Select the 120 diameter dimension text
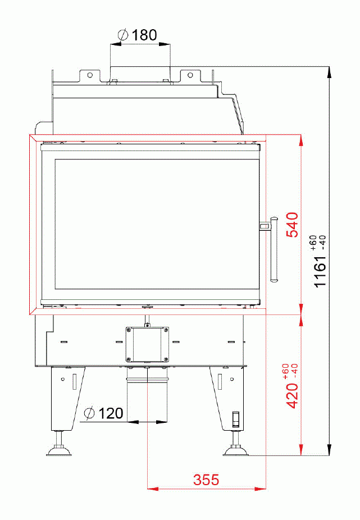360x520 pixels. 111,414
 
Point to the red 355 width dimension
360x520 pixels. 206,480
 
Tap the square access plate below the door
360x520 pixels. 147,344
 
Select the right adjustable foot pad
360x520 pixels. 236,450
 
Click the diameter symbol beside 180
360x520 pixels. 123,35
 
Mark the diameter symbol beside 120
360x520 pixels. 89,414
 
